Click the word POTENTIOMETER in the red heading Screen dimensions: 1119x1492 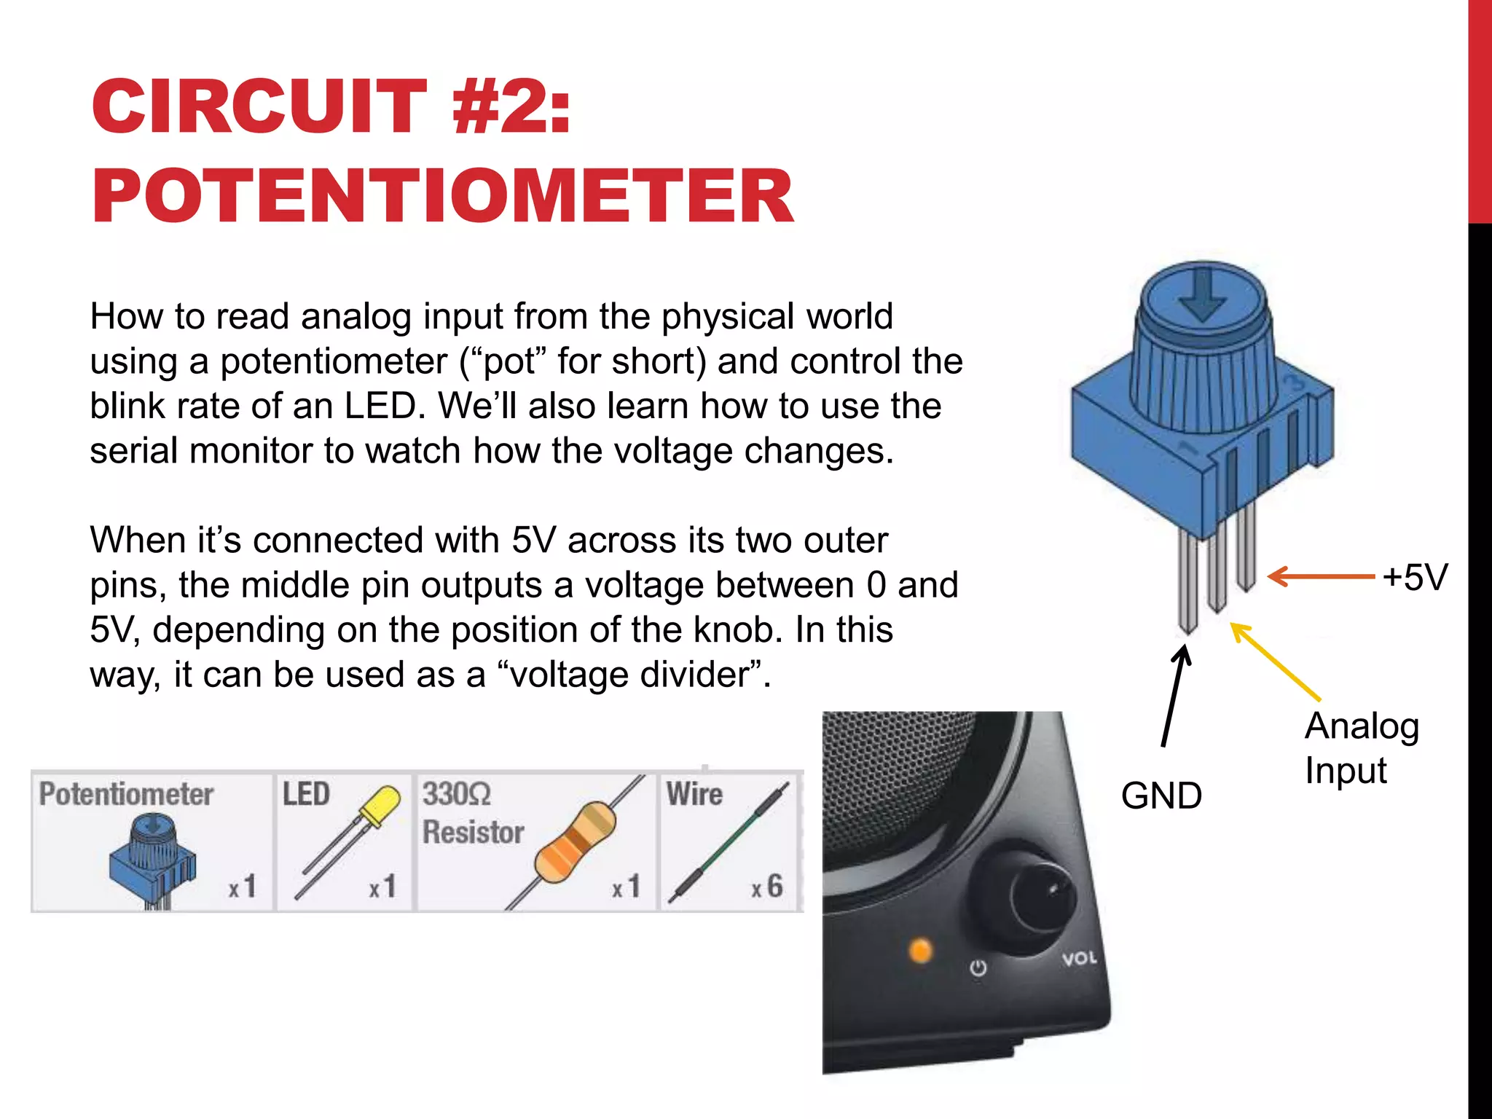pos(442,195)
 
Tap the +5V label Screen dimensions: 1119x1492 pos(1415,577)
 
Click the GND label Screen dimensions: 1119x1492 pos(1161,796)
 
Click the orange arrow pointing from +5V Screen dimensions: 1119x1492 pos(1320,576)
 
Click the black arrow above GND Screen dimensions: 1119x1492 pos(1174,696)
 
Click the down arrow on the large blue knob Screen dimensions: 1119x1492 pos(1201,296)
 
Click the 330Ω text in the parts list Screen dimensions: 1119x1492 pos(457,794)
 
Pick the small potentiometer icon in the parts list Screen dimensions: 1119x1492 pos(152,860)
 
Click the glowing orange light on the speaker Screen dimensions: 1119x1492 pos(921,951)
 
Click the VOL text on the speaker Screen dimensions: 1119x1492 pos(1079,958)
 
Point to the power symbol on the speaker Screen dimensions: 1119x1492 pos(978,968)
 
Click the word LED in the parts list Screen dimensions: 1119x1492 pos(306,794)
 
